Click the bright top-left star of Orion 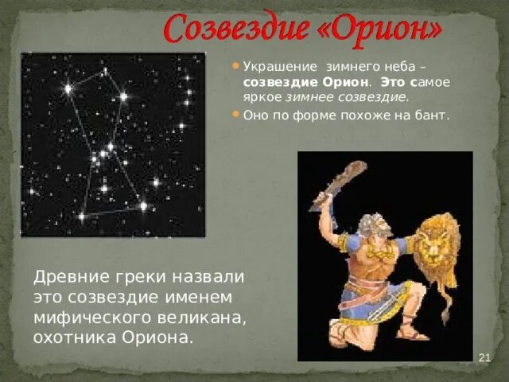coord(68,89)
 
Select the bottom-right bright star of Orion coord(143,206)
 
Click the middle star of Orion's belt coord(103,153)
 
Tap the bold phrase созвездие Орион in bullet coord(306,82)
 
